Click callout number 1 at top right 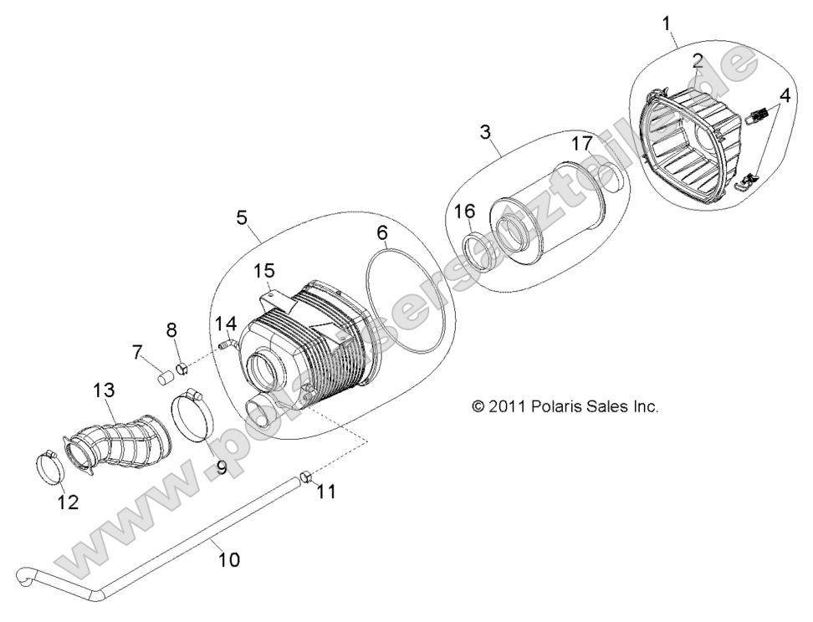point(667,23)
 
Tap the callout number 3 point(485,132)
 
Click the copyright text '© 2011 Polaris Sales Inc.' point(565,407)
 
